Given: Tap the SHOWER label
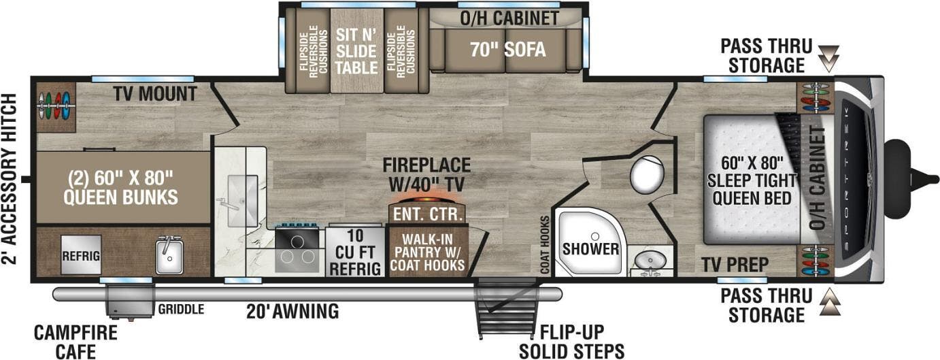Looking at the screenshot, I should click(590, 249).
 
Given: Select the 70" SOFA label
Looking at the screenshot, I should click(509, 50).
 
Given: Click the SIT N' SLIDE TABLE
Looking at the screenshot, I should click(356, 51).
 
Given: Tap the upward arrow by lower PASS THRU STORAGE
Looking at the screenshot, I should click(828, 304).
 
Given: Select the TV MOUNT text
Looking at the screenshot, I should click(155, 94).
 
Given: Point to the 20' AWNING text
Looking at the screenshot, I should click(292, 312).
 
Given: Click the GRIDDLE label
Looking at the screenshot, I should click(181, 310).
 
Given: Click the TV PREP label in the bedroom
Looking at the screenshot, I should click(735, 263).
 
